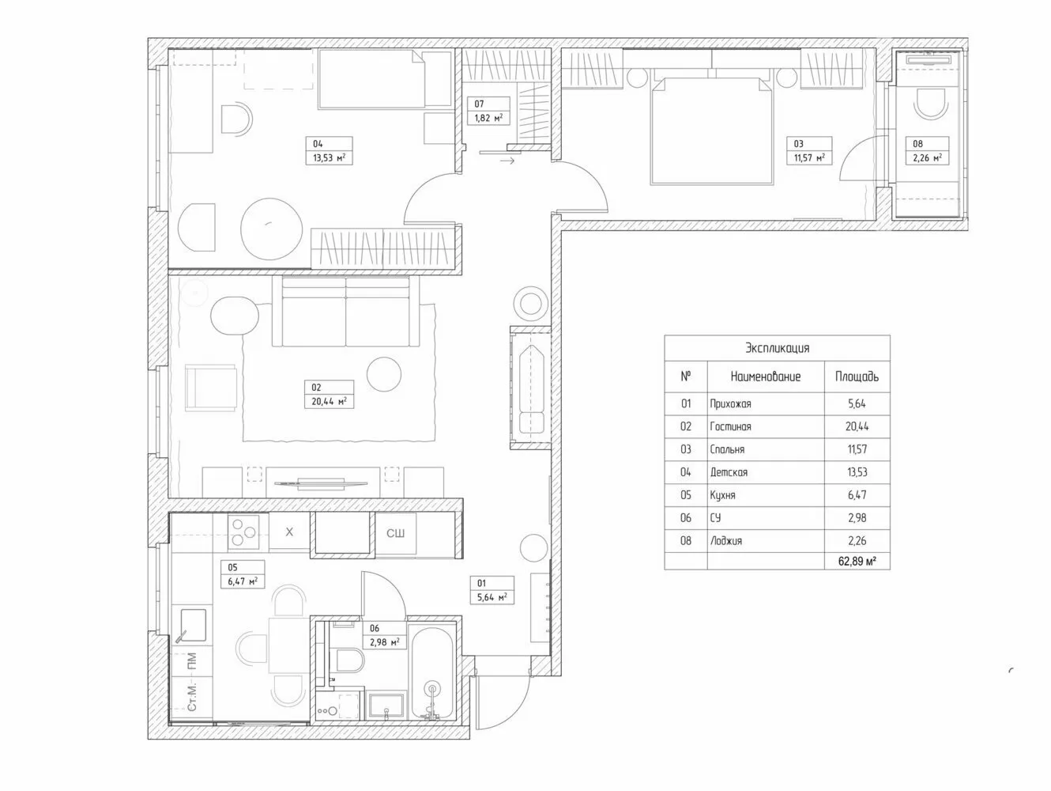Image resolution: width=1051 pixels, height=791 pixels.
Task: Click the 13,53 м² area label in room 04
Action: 329,157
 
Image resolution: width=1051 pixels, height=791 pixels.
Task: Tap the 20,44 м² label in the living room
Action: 329,402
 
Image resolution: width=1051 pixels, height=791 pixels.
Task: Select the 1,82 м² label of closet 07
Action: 488,118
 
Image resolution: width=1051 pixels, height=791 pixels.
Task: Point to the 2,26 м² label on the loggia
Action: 927,157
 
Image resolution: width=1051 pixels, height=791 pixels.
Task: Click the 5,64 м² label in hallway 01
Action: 492,597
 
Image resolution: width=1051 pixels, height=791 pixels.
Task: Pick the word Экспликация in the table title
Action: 777,348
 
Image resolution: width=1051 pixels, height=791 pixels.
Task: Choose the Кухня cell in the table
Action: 722,495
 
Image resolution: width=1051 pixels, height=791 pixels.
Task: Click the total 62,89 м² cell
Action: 857,561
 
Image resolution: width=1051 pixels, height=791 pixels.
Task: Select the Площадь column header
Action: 857,377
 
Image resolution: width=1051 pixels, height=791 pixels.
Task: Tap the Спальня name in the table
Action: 727,449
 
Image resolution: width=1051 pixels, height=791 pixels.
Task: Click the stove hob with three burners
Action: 243,532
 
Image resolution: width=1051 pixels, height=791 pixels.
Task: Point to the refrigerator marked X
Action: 289,532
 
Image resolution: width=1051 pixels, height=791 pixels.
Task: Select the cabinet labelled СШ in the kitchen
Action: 395,533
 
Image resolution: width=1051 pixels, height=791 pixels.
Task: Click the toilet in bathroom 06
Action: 350,660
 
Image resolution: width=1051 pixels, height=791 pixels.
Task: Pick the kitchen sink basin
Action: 194,625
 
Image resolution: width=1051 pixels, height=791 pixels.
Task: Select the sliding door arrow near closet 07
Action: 507,161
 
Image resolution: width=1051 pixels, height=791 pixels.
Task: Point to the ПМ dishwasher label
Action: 191,660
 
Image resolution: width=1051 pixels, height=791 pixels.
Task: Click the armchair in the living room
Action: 211,388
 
